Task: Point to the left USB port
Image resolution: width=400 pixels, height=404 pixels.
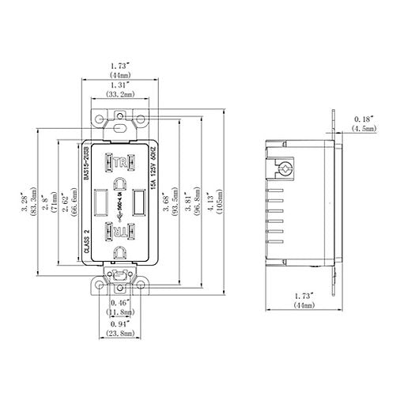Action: pos(100,202)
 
